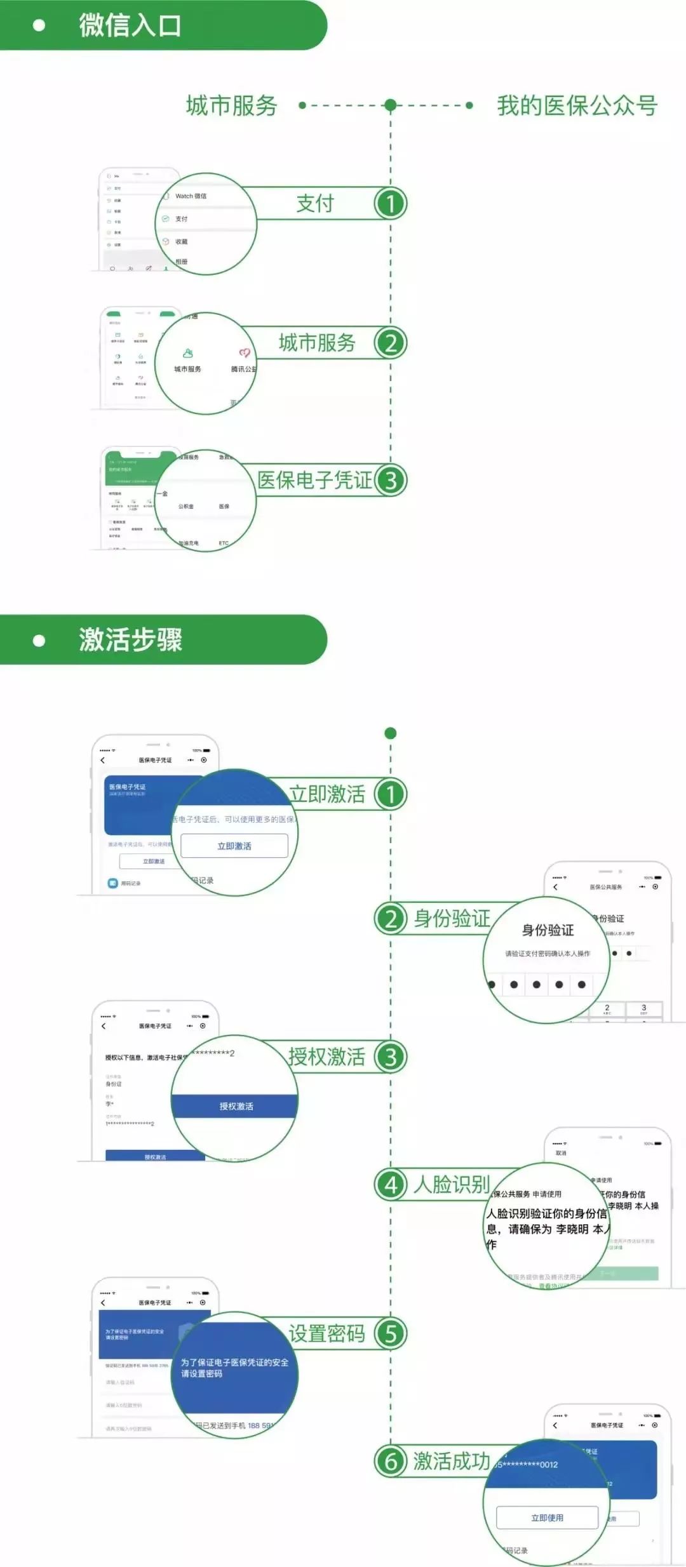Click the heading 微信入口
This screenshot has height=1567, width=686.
tap(130, 25)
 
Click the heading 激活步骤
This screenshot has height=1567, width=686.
tap(130, 639)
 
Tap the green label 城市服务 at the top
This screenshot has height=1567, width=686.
tap(231, 105)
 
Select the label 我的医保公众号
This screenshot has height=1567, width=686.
tap(577, 105)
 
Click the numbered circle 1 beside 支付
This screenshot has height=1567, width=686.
tap(390, 204)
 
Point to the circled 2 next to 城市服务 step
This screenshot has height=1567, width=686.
tap(390, 343)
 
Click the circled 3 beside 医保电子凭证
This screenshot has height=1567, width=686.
tap(390, 481)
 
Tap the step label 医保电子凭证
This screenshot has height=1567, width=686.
tap(314, 481)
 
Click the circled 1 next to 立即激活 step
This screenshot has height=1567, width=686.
tap(390, 794)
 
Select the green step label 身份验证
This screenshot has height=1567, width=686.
tap(452, 919)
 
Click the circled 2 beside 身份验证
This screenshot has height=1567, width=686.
tap(391, 919)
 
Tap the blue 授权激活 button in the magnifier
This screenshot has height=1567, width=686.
tap(235, 1106)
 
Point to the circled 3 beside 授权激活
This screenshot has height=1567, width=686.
tap(390, 1057)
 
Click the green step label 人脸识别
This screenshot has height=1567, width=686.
tap(452, 1185)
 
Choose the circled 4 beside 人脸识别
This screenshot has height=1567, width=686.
tap(391, 1185)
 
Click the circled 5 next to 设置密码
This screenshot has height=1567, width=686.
tap(390, 1334)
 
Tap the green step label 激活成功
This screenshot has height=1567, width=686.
tap(452, 1461)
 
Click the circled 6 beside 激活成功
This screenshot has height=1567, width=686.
tap(391, 1461)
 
